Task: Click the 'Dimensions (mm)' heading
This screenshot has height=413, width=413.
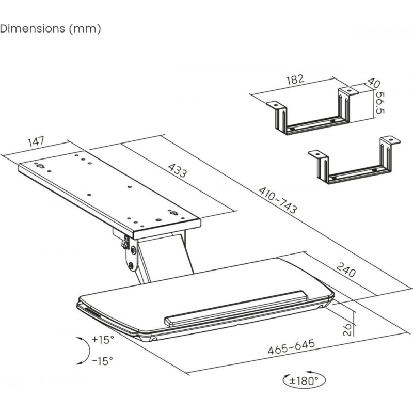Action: (50, 28)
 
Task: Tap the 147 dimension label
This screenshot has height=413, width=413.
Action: (36, 141)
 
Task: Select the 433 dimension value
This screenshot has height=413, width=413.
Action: (178, 170)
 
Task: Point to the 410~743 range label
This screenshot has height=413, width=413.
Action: (278, 200)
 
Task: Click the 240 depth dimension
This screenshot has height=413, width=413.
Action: (346, 270)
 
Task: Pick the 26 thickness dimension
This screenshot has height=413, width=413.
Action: (347, 329)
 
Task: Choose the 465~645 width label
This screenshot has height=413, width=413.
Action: (291, 347)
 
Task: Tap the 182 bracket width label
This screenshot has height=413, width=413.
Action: (295, 80)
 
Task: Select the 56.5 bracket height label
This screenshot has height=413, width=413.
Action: (379, 103)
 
